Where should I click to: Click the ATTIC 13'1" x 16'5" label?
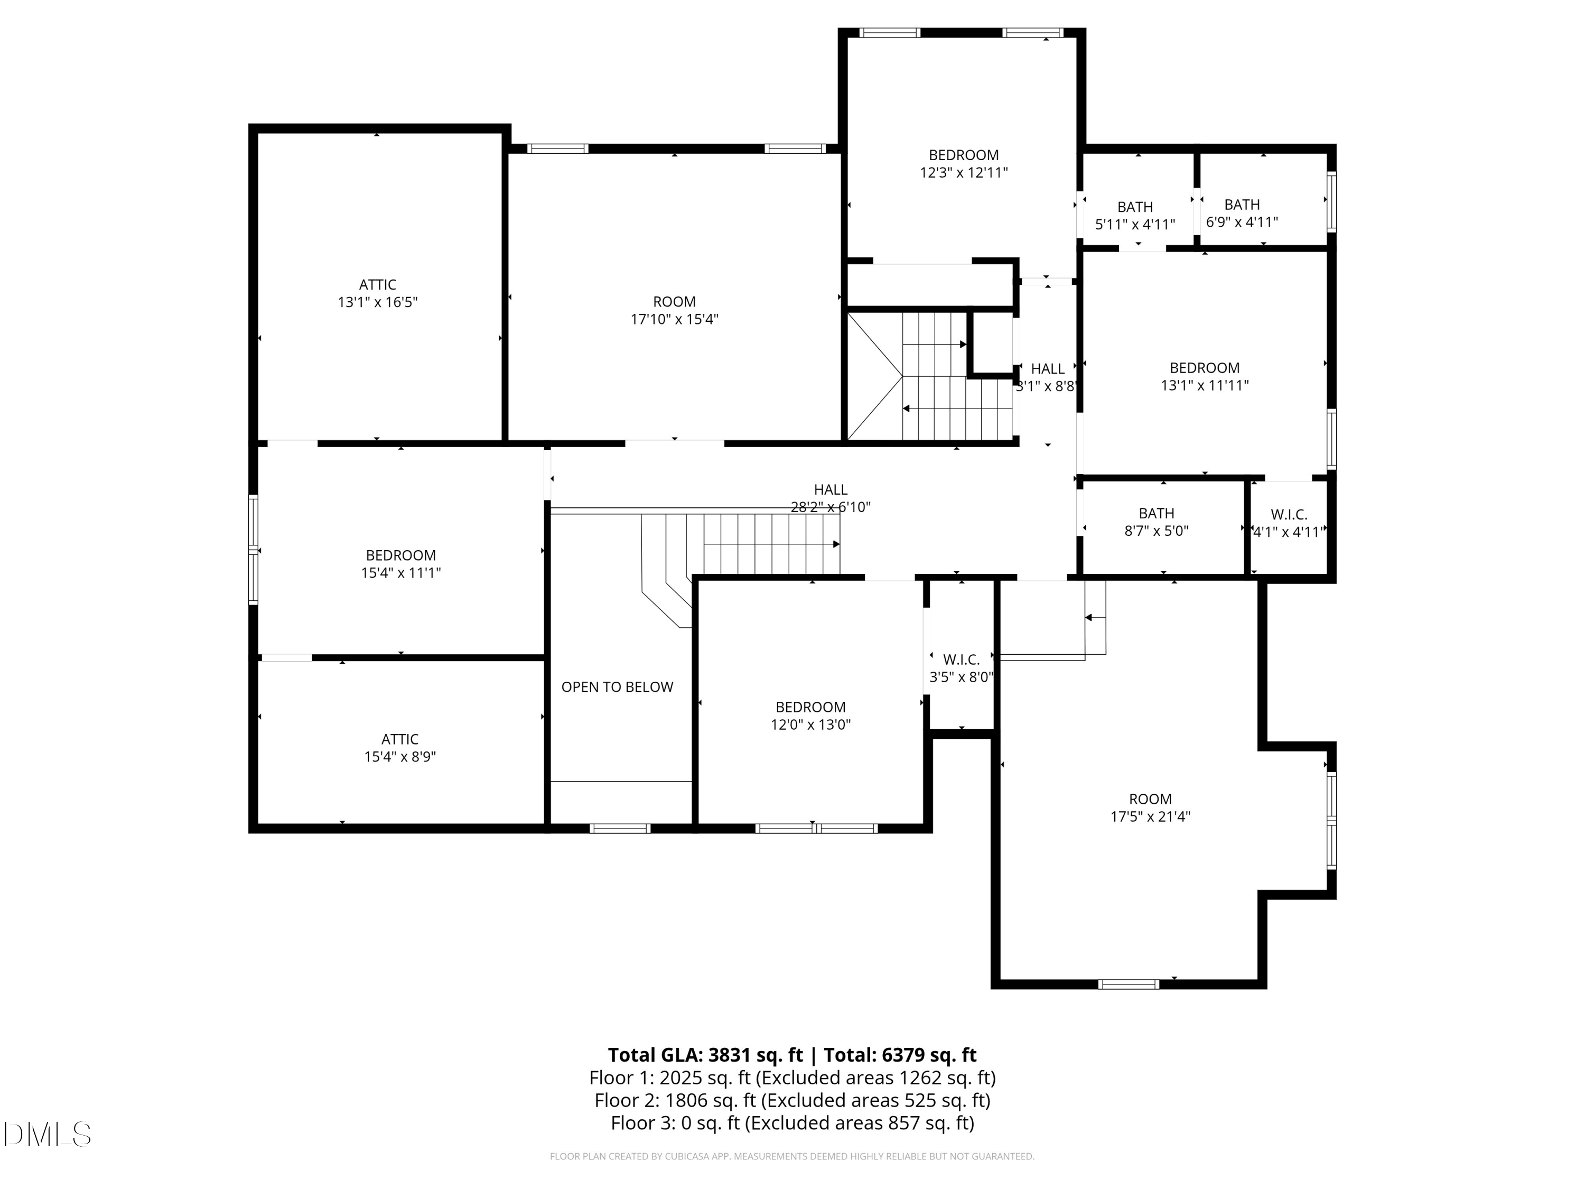(378, 294)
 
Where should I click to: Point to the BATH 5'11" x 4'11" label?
(1135, 216)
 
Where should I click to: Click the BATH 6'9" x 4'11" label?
(1242, 213)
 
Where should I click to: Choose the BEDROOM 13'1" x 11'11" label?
(1205, 377)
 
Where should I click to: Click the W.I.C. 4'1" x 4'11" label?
(1289, 523)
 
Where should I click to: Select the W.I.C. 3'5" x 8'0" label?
(961, 668)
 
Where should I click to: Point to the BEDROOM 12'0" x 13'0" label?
(810, 716)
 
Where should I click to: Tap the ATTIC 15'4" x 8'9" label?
(400, 748)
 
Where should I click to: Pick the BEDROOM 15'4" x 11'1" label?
(400, 564)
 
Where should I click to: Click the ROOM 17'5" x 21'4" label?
(1150, 807)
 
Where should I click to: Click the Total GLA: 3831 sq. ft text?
(705, 1055)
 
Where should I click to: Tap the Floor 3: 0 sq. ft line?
(792, 1123)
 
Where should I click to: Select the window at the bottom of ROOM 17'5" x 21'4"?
(1129, 984)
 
